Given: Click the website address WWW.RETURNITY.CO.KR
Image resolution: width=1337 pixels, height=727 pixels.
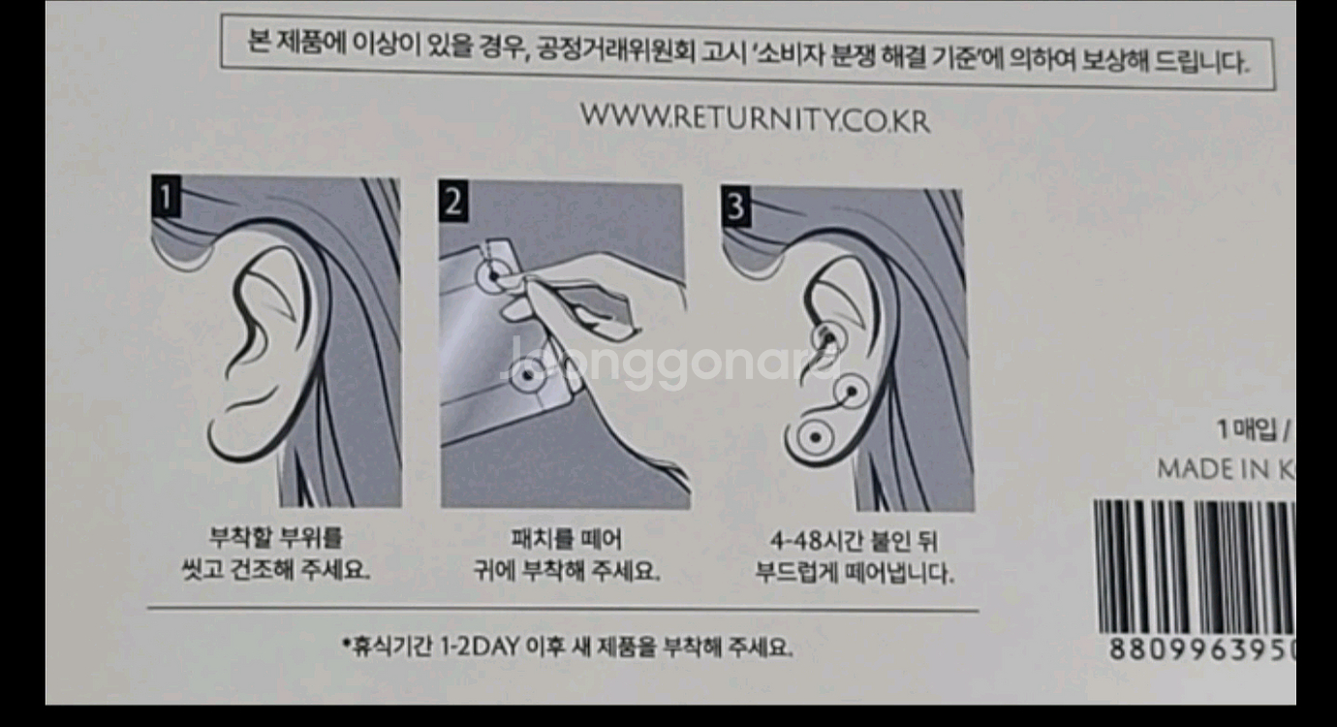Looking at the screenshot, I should click(x=755, y=118).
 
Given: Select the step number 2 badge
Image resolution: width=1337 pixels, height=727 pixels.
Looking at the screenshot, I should click(x=452, y=202).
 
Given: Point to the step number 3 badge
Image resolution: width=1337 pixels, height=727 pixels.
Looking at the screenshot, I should click(x=736, y=207).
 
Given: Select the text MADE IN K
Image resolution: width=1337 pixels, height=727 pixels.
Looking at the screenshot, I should click(x=1226, y=469).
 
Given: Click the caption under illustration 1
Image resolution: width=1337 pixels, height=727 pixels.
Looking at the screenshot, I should click(x=275, y=553).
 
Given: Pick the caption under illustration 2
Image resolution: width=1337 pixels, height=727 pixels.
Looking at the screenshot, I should click(x=566, y=555).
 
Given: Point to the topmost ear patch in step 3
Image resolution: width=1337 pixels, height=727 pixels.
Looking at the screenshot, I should click(x=826, y=336).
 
